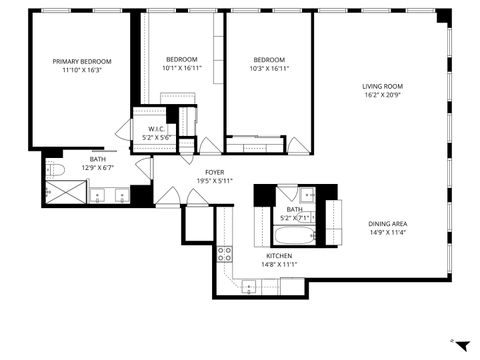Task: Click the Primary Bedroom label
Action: click(x=81, y=61)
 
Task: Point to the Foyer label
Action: click(x=214, y=172)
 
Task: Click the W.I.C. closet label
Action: click(x=156, y=129)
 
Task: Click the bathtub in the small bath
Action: click(x=294, y=238)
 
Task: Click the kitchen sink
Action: click(x=249, y=287)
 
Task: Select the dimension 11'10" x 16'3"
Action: click(x=81, y=71)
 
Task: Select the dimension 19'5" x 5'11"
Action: click(x=214, y=181)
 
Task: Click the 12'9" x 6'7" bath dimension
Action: click(x=98, y=168)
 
